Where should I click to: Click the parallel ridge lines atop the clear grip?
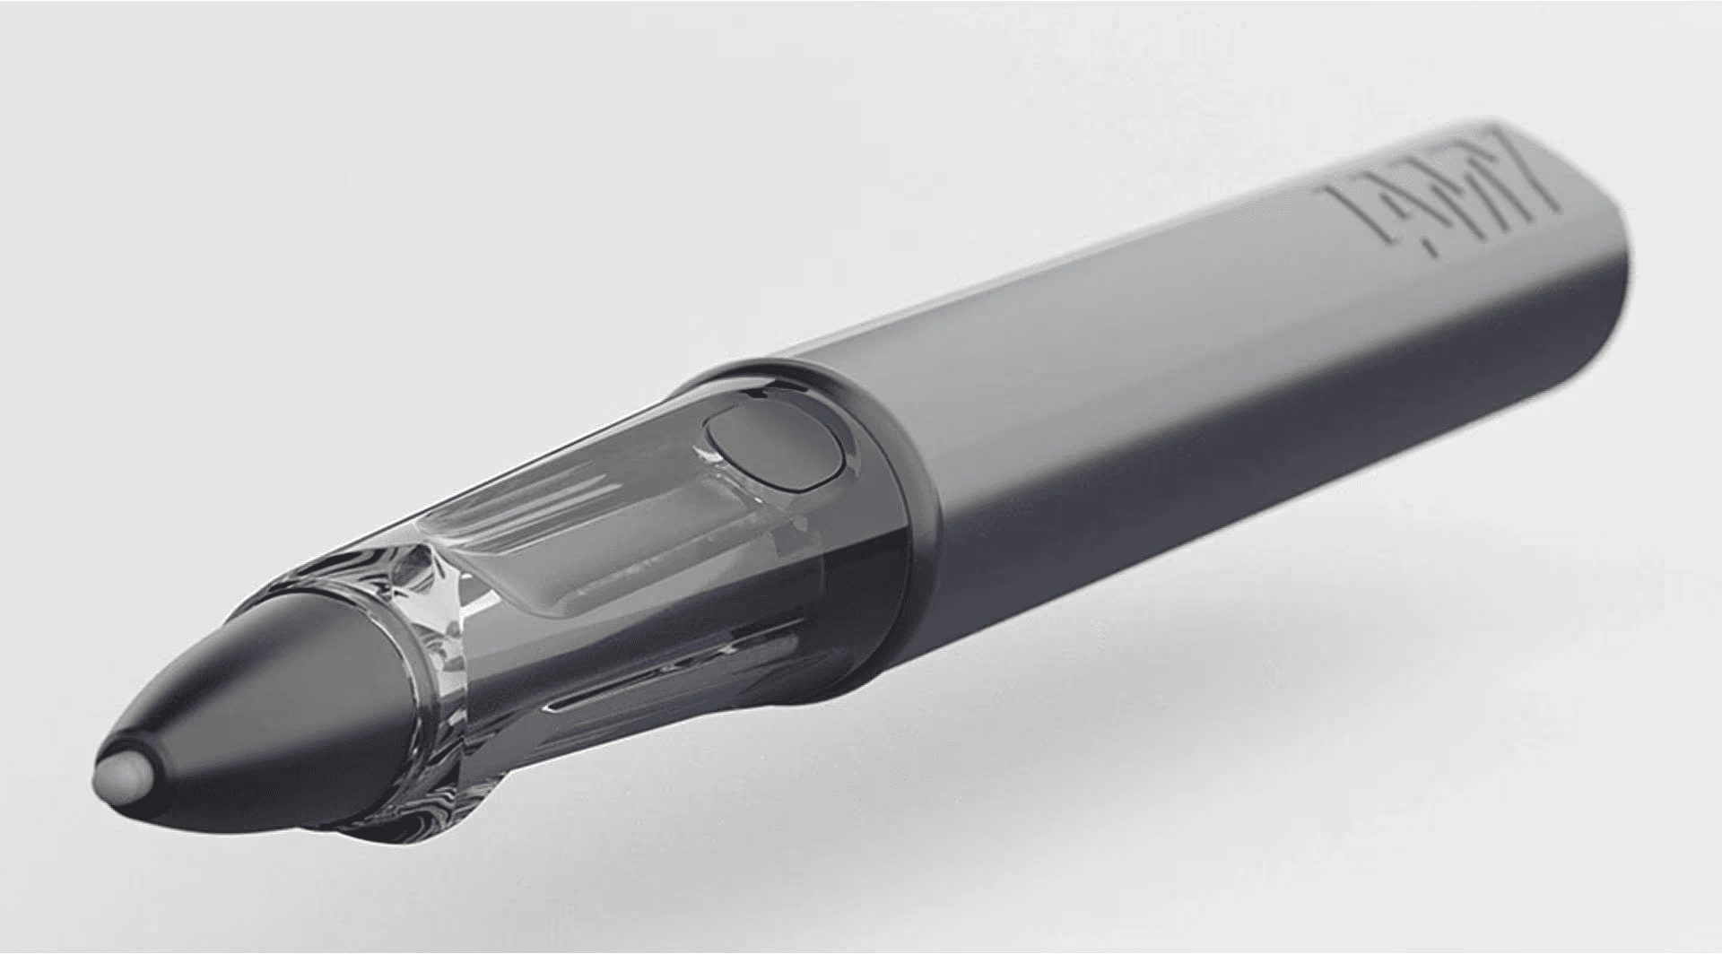(x=538, y=502)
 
